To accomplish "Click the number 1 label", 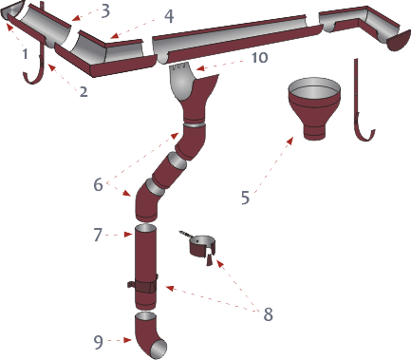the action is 26,53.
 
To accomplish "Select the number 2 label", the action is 84,91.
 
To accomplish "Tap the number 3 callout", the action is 105,10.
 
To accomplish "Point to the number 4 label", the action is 169,16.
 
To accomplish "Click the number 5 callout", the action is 245,198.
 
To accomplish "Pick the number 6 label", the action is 98,184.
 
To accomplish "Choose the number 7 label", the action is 98,235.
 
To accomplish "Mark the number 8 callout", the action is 268,314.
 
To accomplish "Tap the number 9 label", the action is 98,342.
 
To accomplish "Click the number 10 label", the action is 259,58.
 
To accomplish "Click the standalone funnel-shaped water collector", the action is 314,107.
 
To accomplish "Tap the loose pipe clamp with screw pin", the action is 200,246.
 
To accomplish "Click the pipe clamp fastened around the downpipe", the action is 144,287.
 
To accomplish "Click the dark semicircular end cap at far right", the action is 398,41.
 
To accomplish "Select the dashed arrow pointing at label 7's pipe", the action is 118,235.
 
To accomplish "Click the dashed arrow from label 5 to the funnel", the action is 273,163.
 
